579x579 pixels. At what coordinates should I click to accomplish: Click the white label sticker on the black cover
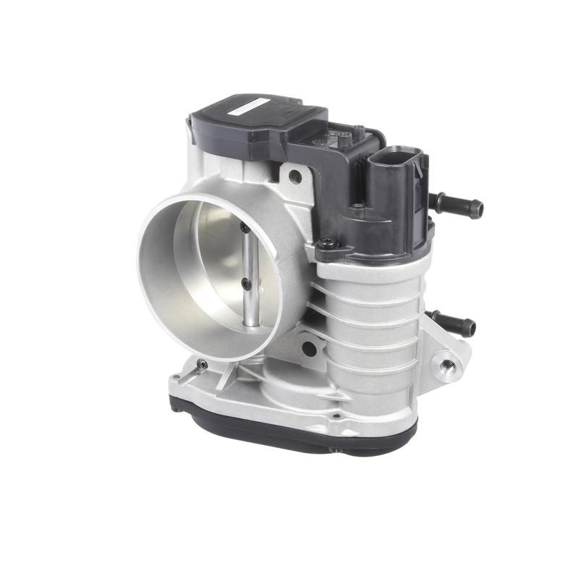click(250, 106)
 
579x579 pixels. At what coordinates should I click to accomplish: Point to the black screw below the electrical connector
click(329, 245)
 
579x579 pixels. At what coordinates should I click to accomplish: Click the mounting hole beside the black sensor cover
click(295, 175)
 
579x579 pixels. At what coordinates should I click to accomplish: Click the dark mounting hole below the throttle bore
click(309, 348)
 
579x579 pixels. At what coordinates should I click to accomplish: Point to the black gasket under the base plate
click(289, 434)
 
